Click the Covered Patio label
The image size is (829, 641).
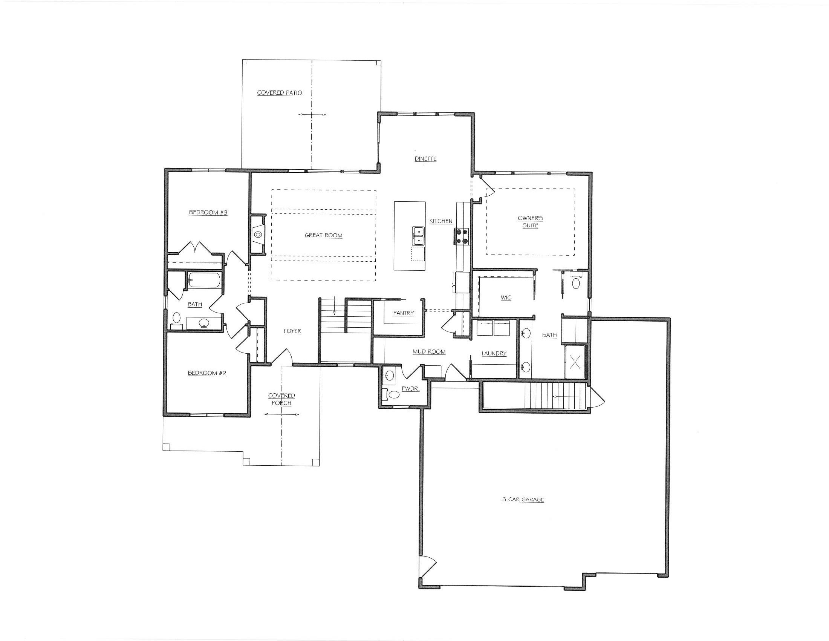coord(279,93)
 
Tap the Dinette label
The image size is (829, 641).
coord(425,159)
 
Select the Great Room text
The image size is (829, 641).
coord(323,235)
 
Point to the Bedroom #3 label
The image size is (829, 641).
coord(208,212)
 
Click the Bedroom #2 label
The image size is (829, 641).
coord(207,373)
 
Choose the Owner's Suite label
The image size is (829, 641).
coord(530,222)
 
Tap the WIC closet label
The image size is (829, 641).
coord(506,298)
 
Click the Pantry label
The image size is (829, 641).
coord(403,313)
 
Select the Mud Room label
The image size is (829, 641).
coord(429,352)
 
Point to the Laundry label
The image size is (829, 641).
coord(494,354)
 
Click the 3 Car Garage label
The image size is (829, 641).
coord(523,500)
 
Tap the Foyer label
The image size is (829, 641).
coord(292,331)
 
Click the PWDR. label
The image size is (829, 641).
coord(410,389)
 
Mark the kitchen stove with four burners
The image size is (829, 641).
coord(461,236)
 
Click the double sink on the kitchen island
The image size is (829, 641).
coord(418,236)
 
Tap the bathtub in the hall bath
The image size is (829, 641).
coord(204,281)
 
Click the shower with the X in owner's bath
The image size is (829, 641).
coord(575,362)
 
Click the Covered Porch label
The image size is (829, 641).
coord(281,399)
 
